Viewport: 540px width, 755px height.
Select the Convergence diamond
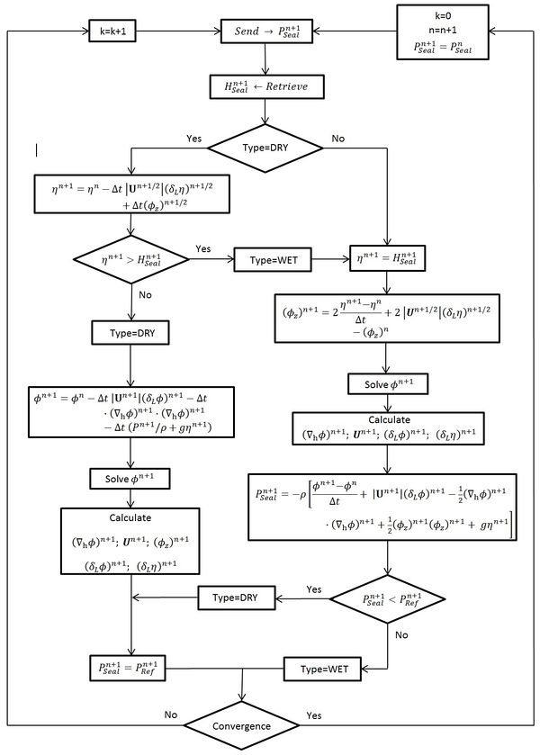(x=243, y=724)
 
